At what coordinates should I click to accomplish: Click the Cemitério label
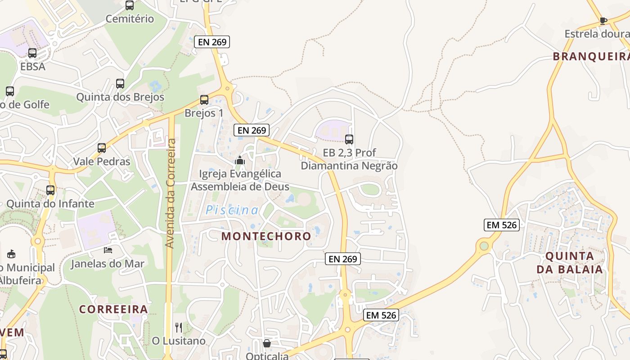[130, 19]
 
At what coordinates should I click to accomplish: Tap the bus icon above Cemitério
[130, 5]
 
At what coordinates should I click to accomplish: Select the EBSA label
[33, 66]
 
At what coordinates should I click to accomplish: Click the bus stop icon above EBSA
[32, 53]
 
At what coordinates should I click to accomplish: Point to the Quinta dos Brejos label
[120, 97]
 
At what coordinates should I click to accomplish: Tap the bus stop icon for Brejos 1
[204, 100]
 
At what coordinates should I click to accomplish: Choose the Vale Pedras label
[102, 161]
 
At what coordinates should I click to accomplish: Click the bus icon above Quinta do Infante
[50, 190]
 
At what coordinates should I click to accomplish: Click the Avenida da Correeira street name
[170, 193]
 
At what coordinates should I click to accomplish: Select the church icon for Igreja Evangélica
[240, 160]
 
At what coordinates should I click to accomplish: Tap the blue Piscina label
[232, 210]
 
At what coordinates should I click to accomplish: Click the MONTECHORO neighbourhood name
[266, 236]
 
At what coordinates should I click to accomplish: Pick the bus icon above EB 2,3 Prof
[349, 139]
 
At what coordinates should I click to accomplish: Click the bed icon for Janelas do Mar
[108, 250]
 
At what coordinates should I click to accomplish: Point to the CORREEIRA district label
[114, 309]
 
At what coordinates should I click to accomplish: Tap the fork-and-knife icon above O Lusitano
[179, 327]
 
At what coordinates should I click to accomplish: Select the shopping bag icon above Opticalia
[267, 344]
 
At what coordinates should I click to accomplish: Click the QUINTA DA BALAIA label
[569, 262]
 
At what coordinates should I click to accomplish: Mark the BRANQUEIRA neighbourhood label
[591, 56]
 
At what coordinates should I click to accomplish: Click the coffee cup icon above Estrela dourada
[603, 21]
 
